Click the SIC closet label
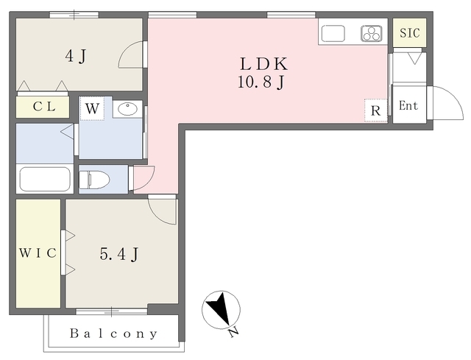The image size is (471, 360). pyautogui.click(x=409, y=32)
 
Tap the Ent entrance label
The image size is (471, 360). pyautogui.click(x=408, y=106)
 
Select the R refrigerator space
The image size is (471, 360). pyautogui.click(x=376, y=110)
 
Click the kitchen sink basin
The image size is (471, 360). pyautogui.click(x=333, y=33)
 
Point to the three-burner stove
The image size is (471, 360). pyautogui.click(x=372, y=33)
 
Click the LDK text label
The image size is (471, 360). pyautogui.click(x=263, y=64)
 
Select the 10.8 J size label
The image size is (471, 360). pyautogui.click(x=261, y=82)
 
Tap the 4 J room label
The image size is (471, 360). pyautogui.click(x=76, y=56)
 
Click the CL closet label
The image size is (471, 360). pyautogui.click(x=44, y=106)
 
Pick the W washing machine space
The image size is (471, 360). pyautogui.click(x=92, y=108)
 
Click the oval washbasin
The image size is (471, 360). pyautogui.click(x=127, y=108)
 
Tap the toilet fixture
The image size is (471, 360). pyautogui.click(x=94, y=180)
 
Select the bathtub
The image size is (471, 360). pyautogui.click(x=45, y=179)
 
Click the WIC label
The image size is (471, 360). pyautogui.click(x=38, y=253)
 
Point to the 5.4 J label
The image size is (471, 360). pyautogui.click(x=119, y=254)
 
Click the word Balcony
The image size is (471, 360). pyautogui.click(x=113, y=333)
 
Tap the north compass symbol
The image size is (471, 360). pyautogui.click(x=221, y=310)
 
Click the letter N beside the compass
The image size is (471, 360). pyautogui.click(x=233, y=332)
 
